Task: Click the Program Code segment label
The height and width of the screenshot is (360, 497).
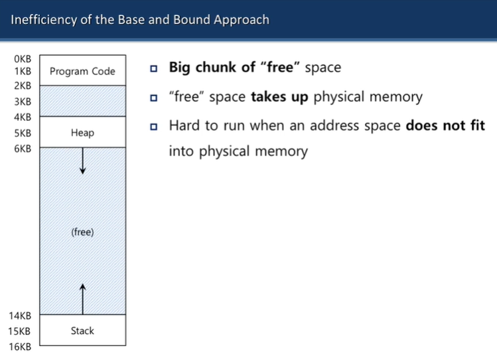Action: point(82,71)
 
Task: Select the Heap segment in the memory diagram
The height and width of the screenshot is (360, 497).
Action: point(82,132)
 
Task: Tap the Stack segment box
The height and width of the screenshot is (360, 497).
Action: point(82,330)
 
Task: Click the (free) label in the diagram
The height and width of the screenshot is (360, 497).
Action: point(82,232)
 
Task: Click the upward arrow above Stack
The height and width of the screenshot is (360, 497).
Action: point(82,298)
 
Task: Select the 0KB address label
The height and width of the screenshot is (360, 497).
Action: point(23,59)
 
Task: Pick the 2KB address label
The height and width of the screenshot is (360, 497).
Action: point(23,86)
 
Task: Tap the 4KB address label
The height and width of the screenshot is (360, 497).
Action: point(23,117)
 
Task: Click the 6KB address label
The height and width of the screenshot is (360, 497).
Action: point(23,148)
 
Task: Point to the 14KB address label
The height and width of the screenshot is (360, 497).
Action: point(21,315)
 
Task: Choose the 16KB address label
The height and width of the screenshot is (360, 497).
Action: point(21,345)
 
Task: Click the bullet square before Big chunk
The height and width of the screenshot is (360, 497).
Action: point(154,68)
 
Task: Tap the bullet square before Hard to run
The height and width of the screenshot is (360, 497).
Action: point(154,126)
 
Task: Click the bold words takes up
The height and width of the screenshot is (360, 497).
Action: point(280,96)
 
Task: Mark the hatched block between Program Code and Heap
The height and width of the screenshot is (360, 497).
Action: point(82,101)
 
